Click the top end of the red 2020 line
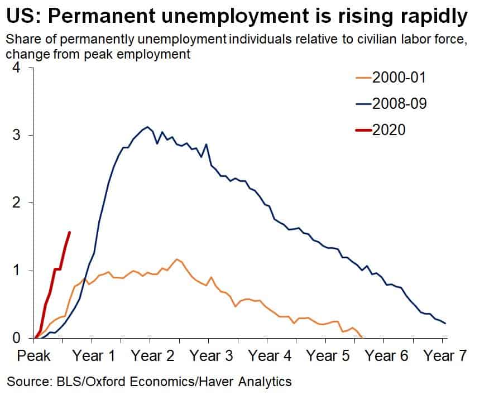(x=69, y=232)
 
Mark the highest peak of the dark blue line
(x=147, y=127)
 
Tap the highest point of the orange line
(x=177, y=259)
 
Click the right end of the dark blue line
(x=445, y=324)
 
